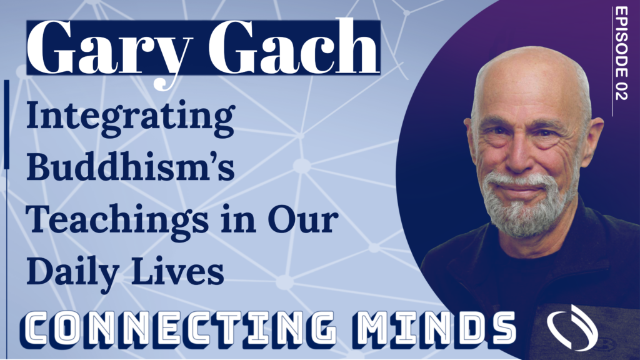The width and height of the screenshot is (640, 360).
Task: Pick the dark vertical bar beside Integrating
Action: [6, 124]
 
